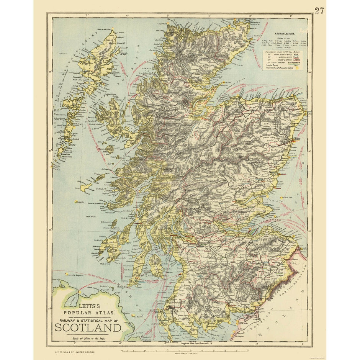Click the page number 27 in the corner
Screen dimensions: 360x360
click(319, 10)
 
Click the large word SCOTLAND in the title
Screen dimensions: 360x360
click(88, 327)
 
